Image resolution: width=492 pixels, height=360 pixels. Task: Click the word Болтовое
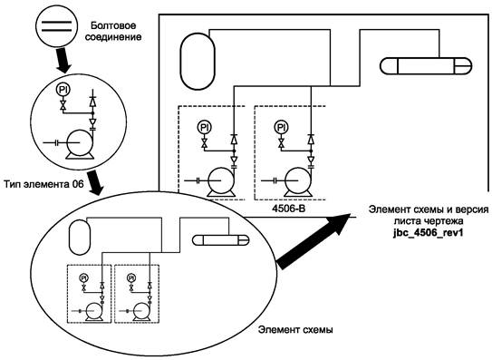[x=113, y=25]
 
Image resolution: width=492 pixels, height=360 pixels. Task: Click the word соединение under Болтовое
[x=113, y=37]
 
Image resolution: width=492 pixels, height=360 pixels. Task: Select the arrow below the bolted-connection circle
[x=63, y=60]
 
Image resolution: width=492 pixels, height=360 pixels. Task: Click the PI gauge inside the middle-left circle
[x=63, y=90]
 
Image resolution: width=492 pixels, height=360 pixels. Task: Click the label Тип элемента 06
[x=43, y=184]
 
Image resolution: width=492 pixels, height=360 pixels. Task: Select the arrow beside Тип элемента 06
[x=95, y=183]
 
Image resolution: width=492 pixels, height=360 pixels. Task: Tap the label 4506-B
[x=288, y=209]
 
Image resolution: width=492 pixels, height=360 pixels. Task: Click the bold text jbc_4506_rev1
[x=429, y=233]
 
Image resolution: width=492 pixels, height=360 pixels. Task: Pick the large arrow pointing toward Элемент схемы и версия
[x=314, y=240]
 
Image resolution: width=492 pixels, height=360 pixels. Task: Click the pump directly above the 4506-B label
[x=298, y=182]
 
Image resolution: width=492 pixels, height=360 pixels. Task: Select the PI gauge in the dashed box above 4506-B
[x=281, y=128]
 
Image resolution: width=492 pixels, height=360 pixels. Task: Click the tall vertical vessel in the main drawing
[x=198, y=62]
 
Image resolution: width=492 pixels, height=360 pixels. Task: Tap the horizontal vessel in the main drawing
[x=426, y=66]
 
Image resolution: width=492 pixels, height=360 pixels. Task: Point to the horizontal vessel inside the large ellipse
[x=220, y=240]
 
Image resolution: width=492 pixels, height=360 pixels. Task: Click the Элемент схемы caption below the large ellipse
[x=295, y=330]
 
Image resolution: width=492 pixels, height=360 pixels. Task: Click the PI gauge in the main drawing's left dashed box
[x=204, y=128]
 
